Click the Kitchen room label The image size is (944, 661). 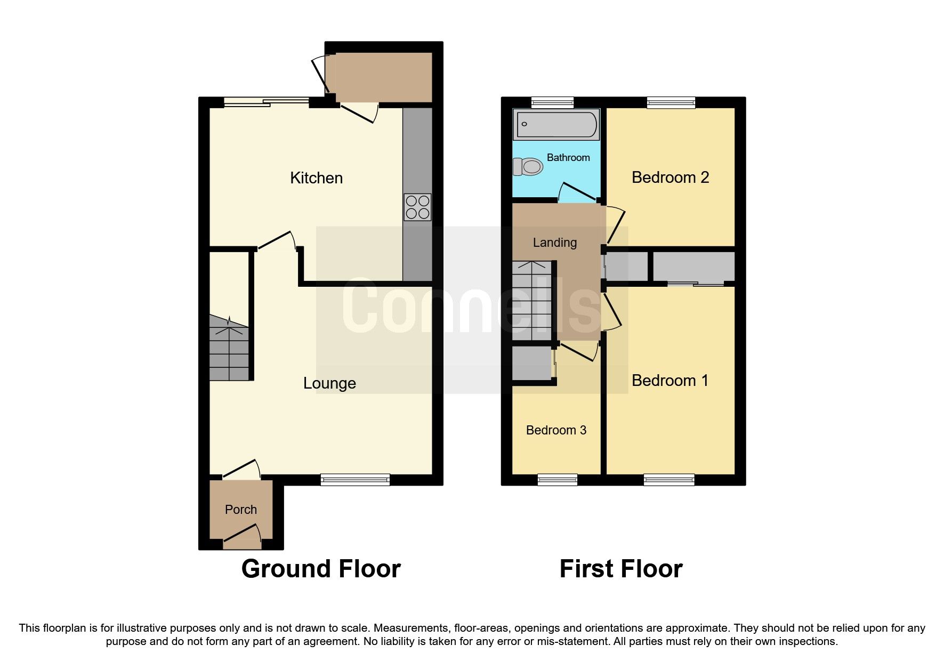click(316, 178)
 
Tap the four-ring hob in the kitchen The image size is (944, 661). click(417, 207)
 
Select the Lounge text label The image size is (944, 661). click(329, 383)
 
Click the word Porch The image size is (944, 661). click(241, 510)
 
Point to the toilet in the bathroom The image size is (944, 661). click(528, 167)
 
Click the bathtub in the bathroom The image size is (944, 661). click(556, 124)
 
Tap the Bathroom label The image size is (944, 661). click(568, 157)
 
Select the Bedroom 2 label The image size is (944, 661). click(670, 178)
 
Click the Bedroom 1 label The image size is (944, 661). click(670, 381)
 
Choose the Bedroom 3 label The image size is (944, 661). click(556, 430)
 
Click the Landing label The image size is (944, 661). click(555, 243)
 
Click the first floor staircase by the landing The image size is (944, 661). click(532, 301)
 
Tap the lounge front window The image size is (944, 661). click(355, 480)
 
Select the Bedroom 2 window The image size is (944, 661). click(671, 102)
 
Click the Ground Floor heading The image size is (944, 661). click(321, 569)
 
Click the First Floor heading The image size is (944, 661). click(621, 569)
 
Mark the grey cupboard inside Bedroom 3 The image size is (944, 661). click(531, 364)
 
